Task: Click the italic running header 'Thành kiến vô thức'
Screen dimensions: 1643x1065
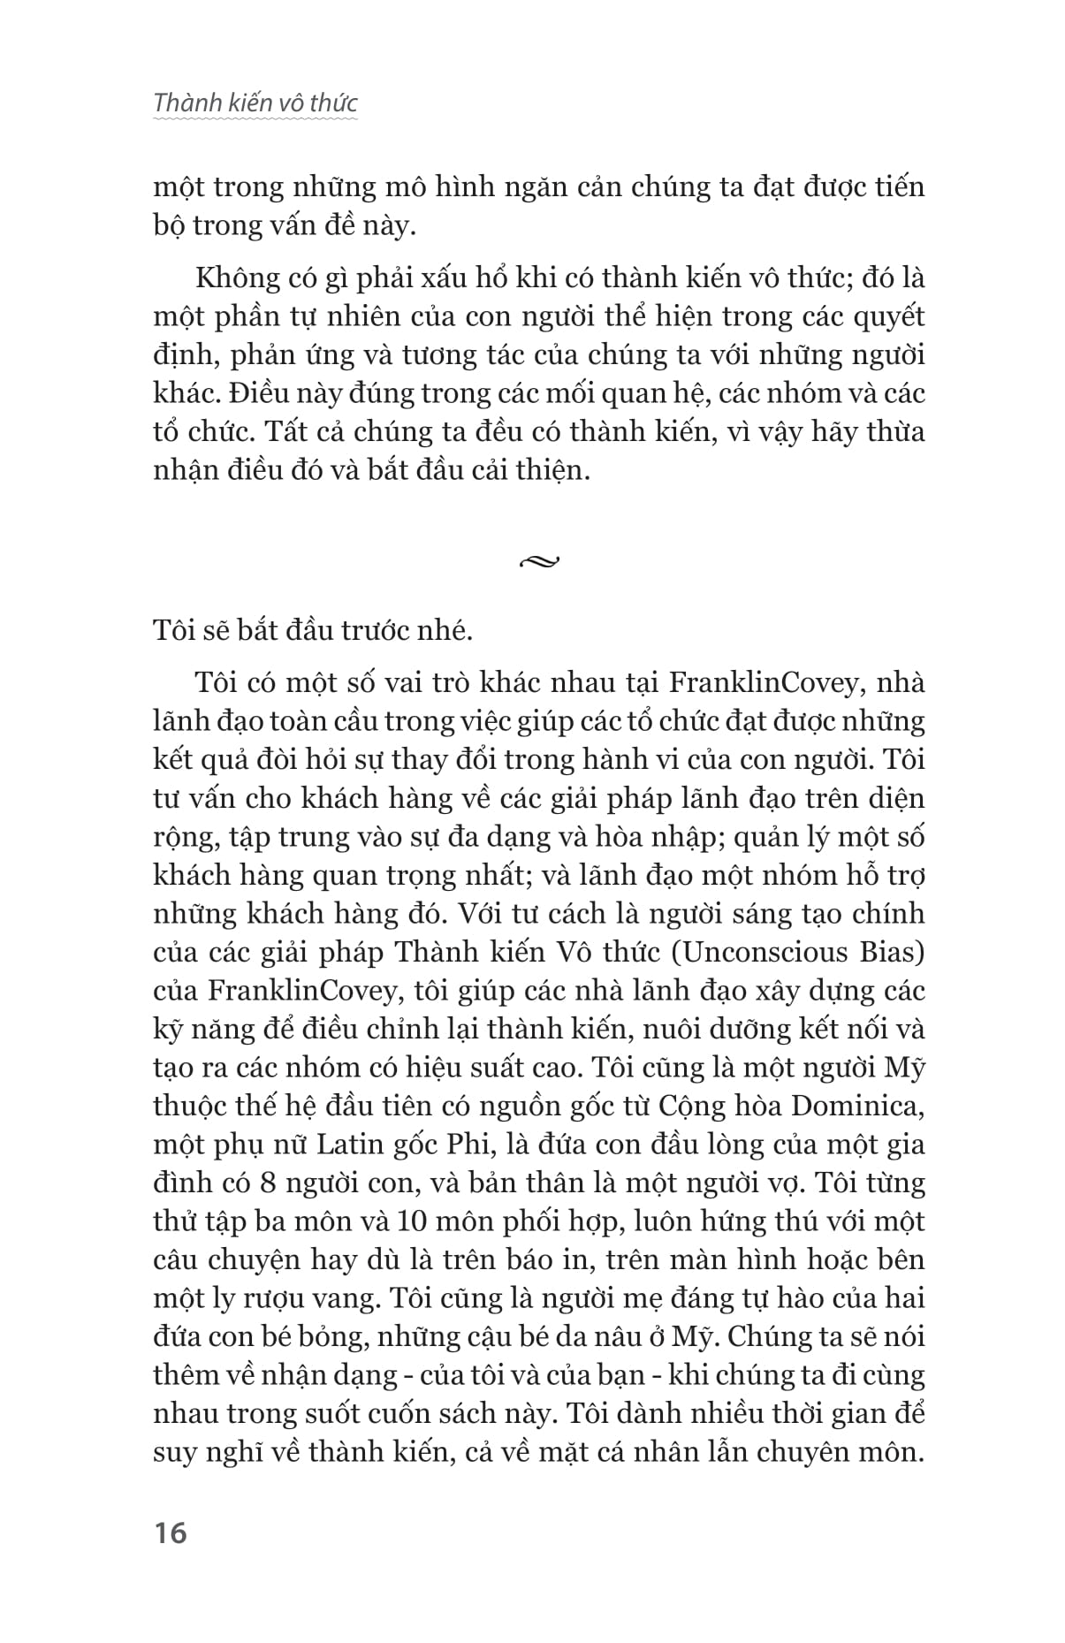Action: pos(255,103)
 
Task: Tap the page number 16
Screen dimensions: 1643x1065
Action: pos(170,1532)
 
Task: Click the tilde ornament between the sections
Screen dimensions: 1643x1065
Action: pos(541,560)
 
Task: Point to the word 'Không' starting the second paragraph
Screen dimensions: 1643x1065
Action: pos(232,278)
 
